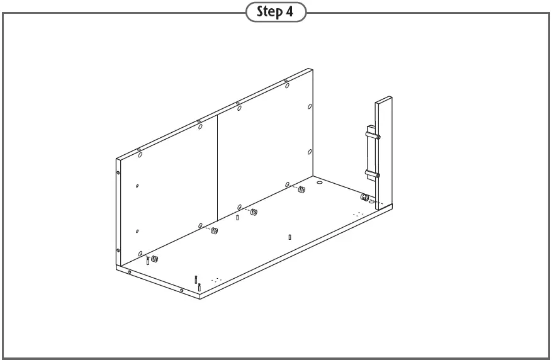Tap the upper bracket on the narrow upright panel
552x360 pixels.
[371, 133]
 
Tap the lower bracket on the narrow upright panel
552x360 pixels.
[371, 174]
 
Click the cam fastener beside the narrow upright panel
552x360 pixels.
[364, 198]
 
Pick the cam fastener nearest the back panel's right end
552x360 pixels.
[302, 190]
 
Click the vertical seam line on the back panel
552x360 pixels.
[217, 164]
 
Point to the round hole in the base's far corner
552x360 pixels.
[320, 183]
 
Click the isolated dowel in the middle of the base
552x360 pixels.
[289, 237]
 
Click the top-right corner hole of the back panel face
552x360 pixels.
[310, 107]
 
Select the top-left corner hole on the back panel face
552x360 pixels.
[140, 154]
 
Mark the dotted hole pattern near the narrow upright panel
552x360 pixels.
[358, 214]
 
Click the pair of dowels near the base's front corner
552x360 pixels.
[198, 283]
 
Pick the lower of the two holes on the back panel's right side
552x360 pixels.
[310, 152]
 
